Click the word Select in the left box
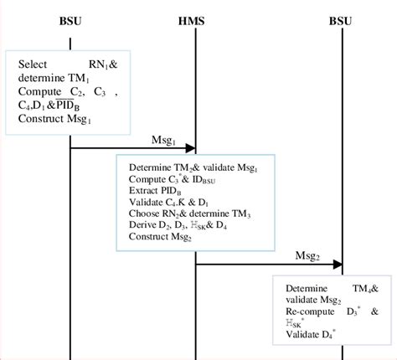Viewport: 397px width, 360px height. pos(34,65)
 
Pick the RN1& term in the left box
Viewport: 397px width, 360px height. pos(106,65)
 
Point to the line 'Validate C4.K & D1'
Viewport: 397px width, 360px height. pos(168,203)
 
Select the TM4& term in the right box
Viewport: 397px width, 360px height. pos(368,289)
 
